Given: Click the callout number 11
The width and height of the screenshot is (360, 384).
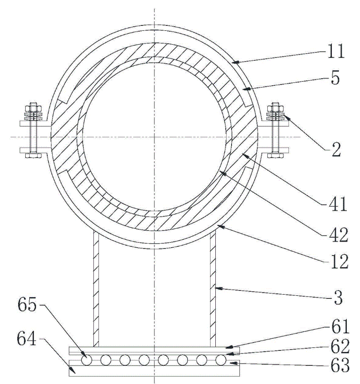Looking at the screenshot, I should click(x=337, y=53).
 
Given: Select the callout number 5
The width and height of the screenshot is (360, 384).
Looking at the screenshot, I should click(x=335, y=80).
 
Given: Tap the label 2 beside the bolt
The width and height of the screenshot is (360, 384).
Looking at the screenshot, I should click(x=336, y=151).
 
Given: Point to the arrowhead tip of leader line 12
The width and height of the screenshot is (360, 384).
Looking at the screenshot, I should click(x=216, y=226).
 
